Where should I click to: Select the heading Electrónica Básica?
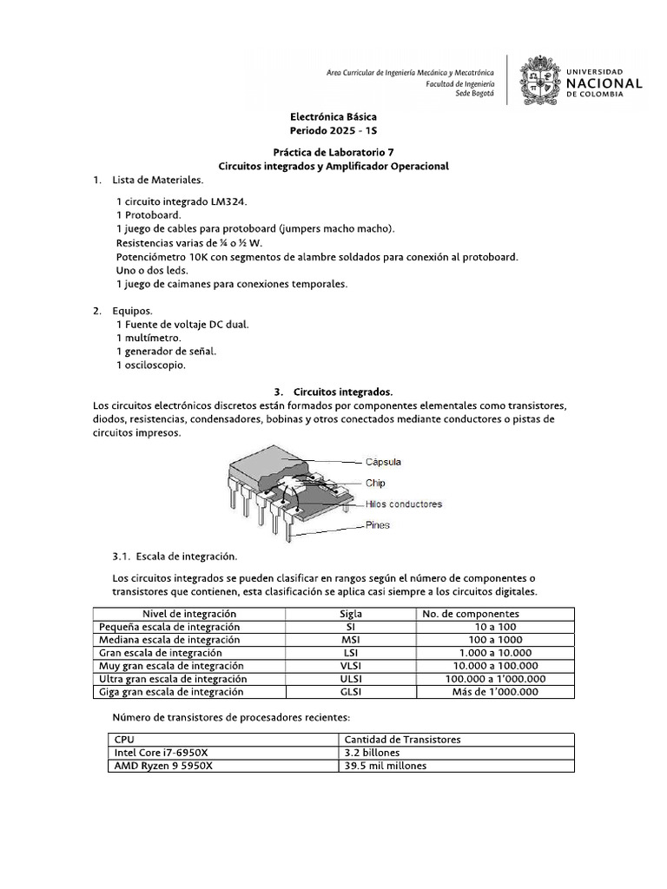pos(333,116)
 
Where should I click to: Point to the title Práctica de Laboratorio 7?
pos(333,151)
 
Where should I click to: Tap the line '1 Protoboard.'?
pos(149,214)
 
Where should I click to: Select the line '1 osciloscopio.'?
pos(150,365)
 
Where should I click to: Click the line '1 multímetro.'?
pos(149,337)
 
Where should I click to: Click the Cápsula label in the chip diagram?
pos(383,462)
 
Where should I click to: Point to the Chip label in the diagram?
pos(375,483)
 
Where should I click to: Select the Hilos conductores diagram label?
pos(403,504)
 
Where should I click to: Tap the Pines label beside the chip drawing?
pos(378,524)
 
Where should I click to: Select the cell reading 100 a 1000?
pos(495,640)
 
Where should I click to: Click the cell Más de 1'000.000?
pos(495,692)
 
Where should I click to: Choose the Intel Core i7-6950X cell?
pos(162,753)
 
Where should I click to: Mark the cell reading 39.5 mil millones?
pos(386,767)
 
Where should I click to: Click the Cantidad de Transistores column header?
pos(402,740)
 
